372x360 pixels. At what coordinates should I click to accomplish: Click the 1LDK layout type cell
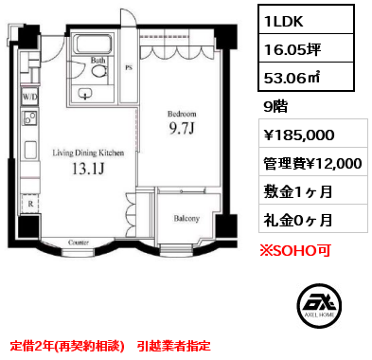pyautogui.click(x=306, y=20)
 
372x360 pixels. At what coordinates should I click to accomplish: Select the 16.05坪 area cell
pyautogui.click(x=306, y=48)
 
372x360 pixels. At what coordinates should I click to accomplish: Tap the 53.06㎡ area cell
pyautogui.click(x=306, y=77)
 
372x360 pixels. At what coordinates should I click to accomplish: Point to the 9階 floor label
pyautogui.click(x=275, y=106)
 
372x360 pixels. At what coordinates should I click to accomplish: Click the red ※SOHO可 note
pyautogui.click(x=294, y=250)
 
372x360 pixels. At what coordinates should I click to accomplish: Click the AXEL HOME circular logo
pyautogui.click(x=319, y=306)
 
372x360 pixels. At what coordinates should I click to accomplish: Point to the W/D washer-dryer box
pyautogui.click(x=30, y=97)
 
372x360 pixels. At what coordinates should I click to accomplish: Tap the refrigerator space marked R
pyautogui.click(x=30, y=204)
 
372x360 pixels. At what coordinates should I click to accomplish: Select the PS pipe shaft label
pyautogui.click(x=129, y=67)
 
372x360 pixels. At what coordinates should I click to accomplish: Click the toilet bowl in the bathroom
pyautogui.click(x=98, y=71)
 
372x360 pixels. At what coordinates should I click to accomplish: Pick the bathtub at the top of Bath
pyautogui.click(x=93, y=44)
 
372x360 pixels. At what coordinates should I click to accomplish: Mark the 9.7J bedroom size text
pyautogui.click(x=182, y=128)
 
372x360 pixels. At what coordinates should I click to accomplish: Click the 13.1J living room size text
pyautogui.click(x=88, y=169)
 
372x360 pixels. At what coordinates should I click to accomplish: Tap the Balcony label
pyautogui.click(x=186, y=218)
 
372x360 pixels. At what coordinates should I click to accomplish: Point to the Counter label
pyautogui.click(x=79, y=243)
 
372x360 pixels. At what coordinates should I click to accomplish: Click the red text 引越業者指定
pyautogui.click(x=174, y=346)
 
